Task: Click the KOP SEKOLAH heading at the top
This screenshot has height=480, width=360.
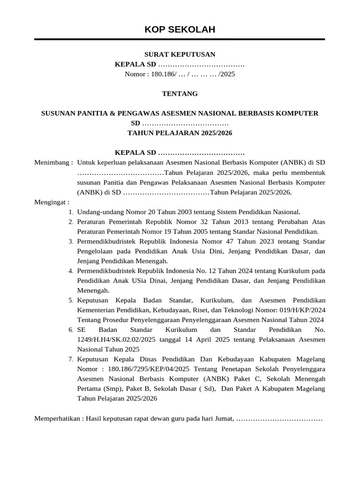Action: [180, 30]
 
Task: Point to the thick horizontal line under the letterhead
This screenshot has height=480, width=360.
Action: [180, 39]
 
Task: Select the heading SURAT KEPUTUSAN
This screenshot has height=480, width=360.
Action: [180, 54]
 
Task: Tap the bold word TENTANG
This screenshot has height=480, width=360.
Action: [180, 94]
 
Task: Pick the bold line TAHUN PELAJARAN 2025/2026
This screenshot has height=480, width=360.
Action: [180, 133]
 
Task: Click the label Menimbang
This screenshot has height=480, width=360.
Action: [52, 163]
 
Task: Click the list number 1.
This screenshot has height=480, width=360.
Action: [70, 212]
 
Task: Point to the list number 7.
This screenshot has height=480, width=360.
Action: [70, 360]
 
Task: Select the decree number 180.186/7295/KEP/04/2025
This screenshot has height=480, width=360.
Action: [148, 369]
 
